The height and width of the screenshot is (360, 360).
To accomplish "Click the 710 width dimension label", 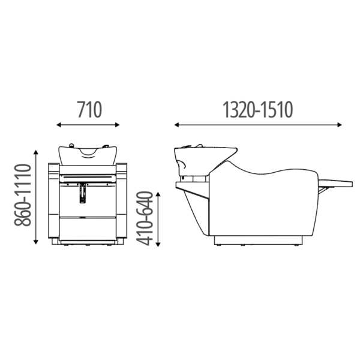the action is coord(89,110).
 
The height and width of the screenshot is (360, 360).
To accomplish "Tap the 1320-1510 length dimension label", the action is coord(258,110).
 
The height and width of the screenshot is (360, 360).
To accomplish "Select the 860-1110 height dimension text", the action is coord(23,194).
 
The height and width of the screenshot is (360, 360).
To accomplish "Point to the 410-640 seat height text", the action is coord(145,218).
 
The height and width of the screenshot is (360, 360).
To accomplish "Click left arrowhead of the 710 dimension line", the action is coord(59,125).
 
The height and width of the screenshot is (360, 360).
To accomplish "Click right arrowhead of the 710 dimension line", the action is coord(118,125).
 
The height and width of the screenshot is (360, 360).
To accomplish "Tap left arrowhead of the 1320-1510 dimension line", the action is coord(176,125).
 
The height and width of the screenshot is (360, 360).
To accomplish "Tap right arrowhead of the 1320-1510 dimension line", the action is coord(340,125).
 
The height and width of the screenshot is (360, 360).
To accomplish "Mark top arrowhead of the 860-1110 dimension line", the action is coord(35,152).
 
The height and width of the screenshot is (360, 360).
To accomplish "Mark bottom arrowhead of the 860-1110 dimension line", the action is coord(35,242).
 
